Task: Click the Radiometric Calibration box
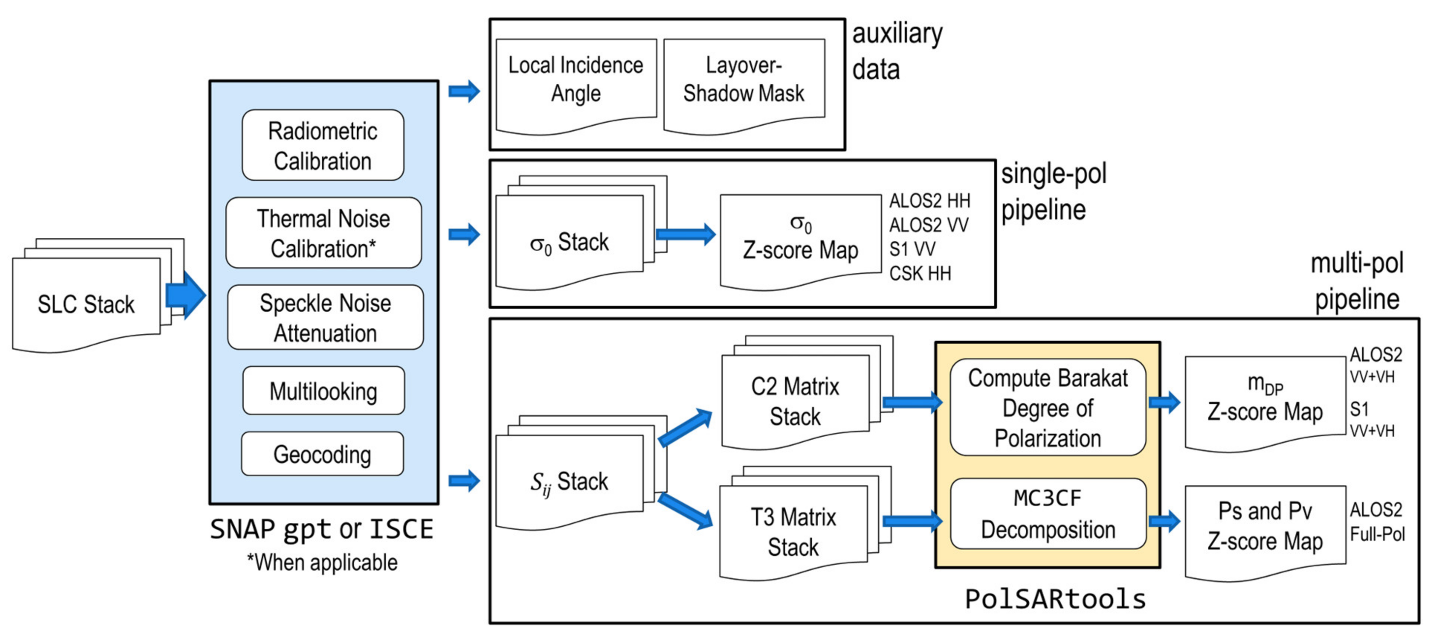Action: click(x=323, y=145)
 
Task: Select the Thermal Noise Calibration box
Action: click(x=323, y=233)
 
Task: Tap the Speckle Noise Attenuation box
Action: click(x=325, y=318)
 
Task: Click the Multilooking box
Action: click(x=323, y=391)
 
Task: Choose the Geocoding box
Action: click(x=322, y=454)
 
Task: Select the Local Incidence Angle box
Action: click(x=575, y=81)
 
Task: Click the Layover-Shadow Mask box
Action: click(x=744, y=81)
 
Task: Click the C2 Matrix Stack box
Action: click(x=795, y=401)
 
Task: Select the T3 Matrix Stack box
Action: click(x=793, y=531)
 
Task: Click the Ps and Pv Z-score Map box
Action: click(x=1265, y=526)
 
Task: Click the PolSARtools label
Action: click(x=1055, y=599)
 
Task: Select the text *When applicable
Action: click(x=322, y=563)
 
